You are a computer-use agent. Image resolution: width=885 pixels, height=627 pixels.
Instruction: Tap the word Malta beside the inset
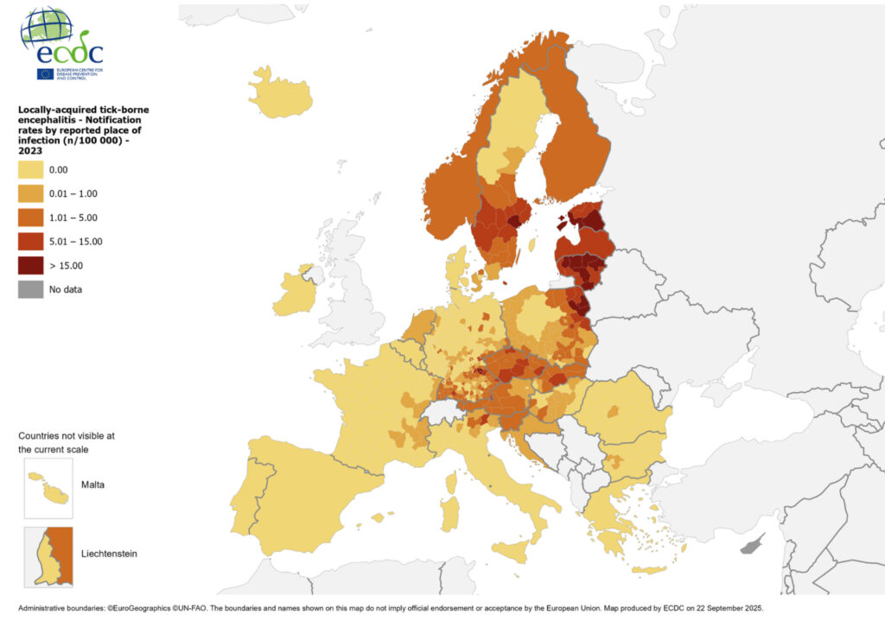[92, 484]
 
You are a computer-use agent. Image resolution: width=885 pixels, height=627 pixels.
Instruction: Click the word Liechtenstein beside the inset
[110, 553]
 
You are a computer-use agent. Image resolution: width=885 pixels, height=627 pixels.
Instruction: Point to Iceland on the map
[281, 92]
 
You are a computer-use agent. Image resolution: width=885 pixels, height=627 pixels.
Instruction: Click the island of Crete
[648, 569]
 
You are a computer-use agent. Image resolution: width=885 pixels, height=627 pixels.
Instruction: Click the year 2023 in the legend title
[33, 150]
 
